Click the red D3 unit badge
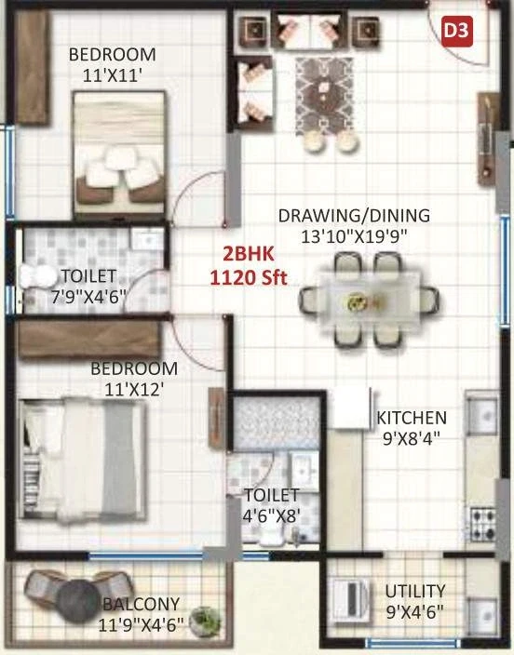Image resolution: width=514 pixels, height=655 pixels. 457,31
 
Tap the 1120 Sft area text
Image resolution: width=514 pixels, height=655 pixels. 249,277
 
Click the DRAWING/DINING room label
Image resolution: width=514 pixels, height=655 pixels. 354,216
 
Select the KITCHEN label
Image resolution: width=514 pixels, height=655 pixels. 412,418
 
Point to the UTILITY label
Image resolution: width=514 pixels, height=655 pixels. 415,592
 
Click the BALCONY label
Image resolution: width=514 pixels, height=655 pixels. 141,604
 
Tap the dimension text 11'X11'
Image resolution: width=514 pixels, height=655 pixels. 113,76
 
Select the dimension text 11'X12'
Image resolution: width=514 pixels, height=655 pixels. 134,390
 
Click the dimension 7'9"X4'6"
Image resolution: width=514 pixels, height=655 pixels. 88,297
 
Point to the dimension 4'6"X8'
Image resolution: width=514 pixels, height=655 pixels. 272,516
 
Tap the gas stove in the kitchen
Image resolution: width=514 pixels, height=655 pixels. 482,524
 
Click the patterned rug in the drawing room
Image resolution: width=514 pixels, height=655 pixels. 324,97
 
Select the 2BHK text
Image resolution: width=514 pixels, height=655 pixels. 249,254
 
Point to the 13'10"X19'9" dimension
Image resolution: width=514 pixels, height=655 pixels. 354,237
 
